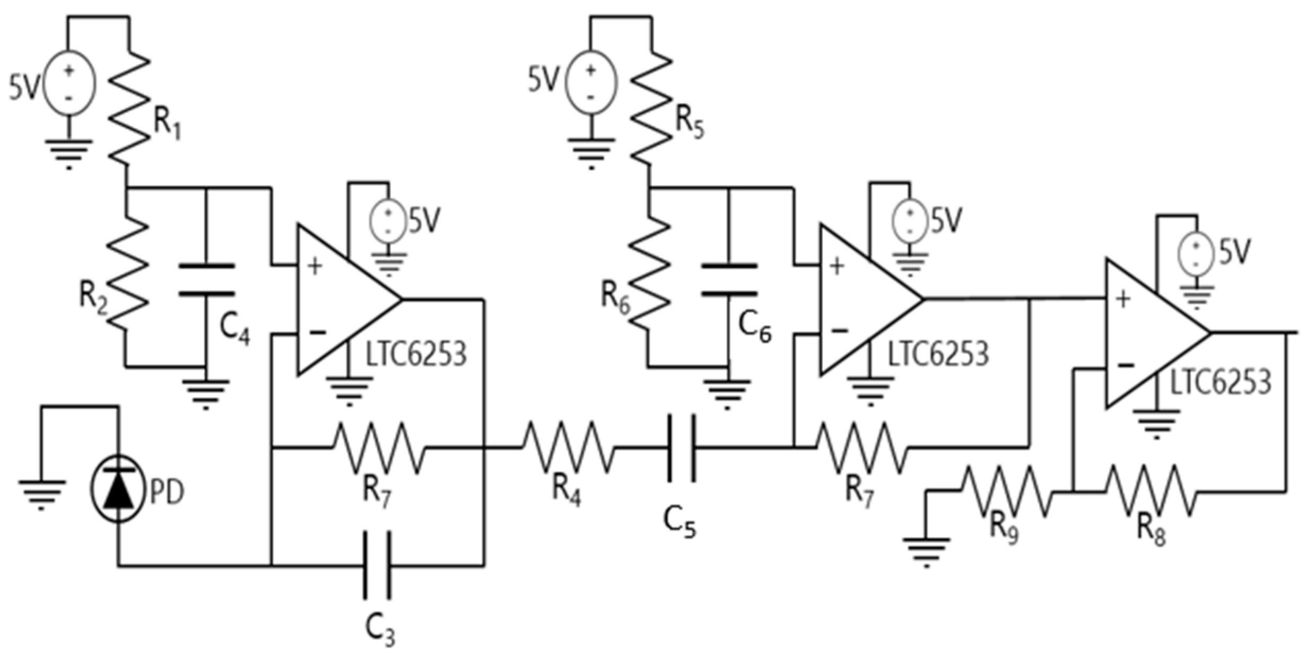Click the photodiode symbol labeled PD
118,488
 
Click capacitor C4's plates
206,279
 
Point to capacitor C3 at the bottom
378,566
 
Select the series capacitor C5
681,448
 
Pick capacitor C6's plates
729,279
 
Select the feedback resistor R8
1150,491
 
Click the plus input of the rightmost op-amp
1122,300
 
